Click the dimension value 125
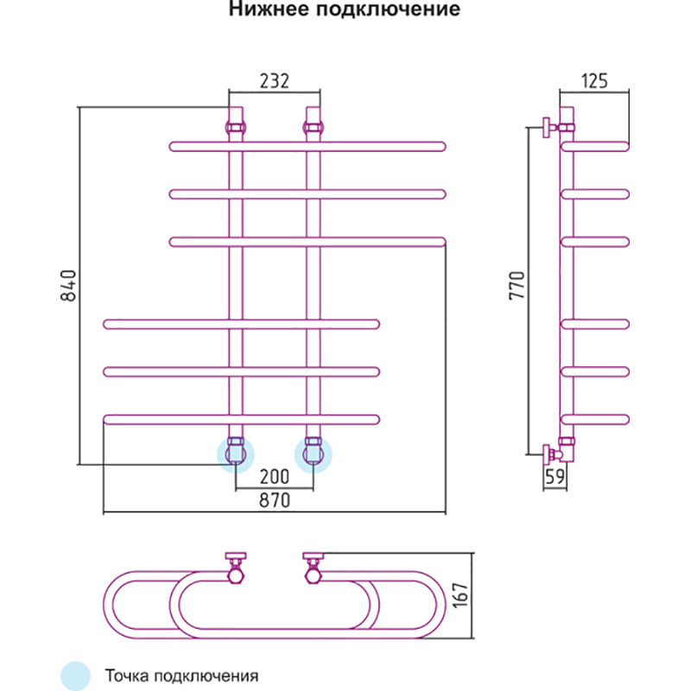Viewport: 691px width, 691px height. click(x=594, y=81)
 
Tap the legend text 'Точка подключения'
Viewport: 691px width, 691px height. click(x=181, y=675)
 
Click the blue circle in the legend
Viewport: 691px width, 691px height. click(x=75, y=675)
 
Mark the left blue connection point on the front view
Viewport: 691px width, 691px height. click(x=235, y=453)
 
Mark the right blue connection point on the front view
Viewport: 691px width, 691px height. click(x=313, y=453)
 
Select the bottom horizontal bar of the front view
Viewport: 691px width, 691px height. click(x=241, y=420)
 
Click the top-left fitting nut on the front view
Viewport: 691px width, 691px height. click(x=235, y=128)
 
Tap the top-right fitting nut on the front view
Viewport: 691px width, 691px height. click(x=313, y=128)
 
